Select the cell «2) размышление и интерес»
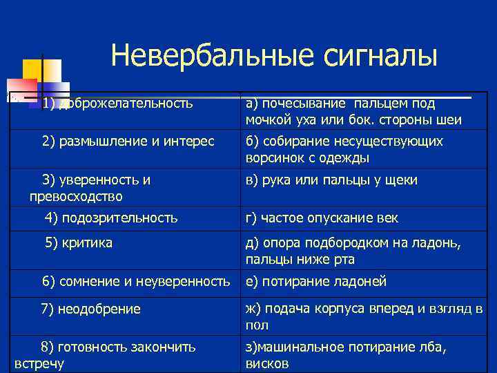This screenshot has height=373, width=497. point(128,142)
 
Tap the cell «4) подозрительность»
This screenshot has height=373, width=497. point(111,218)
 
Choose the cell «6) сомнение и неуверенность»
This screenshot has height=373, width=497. point(135,281)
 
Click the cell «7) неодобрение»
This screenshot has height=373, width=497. point(90,309)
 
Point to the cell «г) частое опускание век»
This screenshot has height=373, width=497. point(321,218)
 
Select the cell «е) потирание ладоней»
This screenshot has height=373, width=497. point(315,281)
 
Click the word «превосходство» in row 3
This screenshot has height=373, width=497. point(76,196)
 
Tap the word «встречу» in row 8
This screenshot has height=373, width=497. point(39,363)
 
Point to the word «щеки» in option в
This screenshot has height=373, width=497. point(403,180)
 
